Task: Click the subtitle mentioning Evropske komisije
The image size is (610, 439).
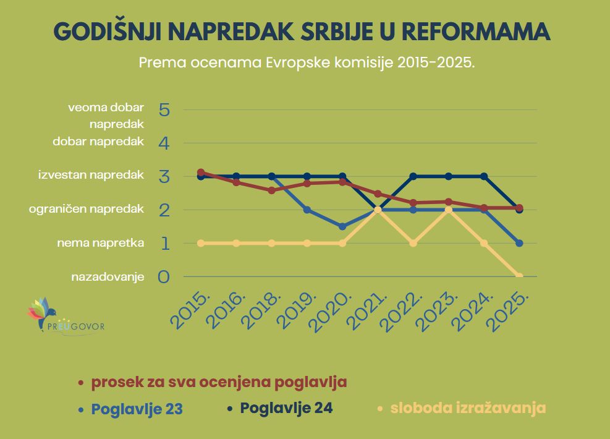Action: coord(307,63)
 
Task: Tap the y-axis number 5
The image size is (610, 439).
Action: coord(164,110)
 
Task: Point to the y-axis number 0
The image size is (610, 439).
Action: coord(164,276)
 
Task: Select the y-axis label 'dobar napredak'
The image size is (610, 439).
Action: coord(98,141)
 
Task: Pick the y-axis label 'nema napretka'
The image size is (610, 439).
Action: coord(101,243)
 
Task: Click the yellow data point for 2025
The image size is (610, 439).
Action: coord(519,276)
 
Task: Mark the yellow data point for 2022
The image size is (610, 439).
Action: coord(413,243)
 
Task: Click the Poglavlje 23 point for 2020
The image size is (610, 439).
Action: coord(342,226)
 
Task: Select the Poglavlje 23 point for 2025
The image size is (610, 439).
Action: coord(519,243)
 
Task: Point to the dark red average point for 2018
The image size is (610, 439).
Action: coord(271,190)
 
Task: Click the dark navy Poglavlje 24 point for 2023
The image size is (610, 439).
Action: coord(449,176)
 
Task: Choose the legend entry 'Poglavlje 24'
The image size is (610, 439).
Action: coord(286,408)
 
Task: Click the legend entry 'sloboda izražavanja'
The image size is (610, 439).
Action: coord(468,408)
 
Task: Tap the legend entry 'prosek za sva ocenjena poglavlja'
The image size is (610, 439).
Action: coord(219,382)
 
